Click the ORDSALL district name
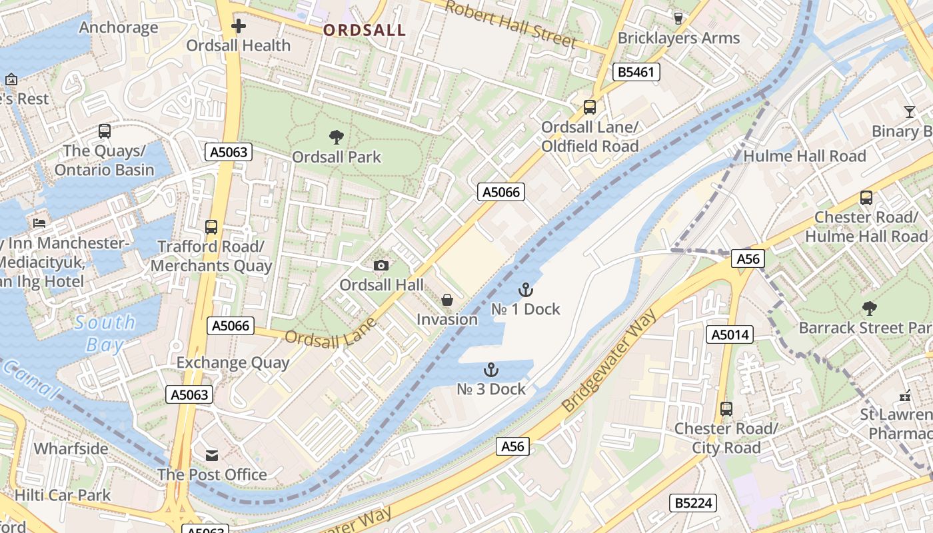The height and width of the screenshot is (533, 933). [x=365, y=30]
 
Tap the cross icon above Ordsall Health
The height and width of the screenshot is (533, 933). [x=239, y=27]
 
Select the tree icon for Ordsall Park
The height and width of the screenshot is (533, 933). [x=337, y=137]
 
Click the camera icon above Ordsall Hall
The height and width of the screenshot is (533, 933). [x=381, y=266]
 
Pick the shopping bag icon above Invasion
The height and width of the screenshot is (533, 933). [x=447, y=300]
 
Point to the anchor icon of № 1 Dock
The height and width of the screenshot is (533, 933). [x=526, y=290]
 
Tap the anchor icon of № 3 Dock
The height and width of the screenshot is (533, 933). [x=491, y=370]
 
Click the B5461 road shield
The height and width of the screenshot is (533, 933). [x=636, y=72]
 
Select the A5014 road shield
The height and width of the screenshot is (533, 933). [x=730, y=334]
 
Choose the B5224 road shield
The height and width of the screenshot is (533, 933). [x=693, y=503]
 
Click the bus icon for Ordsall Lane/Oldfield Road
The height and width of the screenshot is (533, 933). [x=590, y=107]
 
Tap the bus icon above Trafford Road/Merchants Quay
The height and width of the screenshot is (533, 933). [x=211, y=227]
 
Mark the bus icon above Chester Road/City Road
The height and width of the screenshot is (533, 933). [x=726, y=409]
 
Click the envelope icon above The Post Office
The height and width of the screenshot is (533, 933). [x=212, y=456]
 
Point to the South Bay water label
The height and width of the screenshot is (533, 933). [x=105, y=334]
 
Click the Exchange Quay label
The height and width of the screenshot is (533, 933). [x=233, y=363]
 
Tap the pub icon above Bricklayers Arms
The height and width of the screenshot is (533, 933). [x=678, y=19]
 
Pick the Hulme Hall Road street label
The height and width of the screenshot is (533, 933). [x=804, y=157]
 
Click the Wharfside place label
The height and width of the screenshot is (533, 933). [x=71, y=448]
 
